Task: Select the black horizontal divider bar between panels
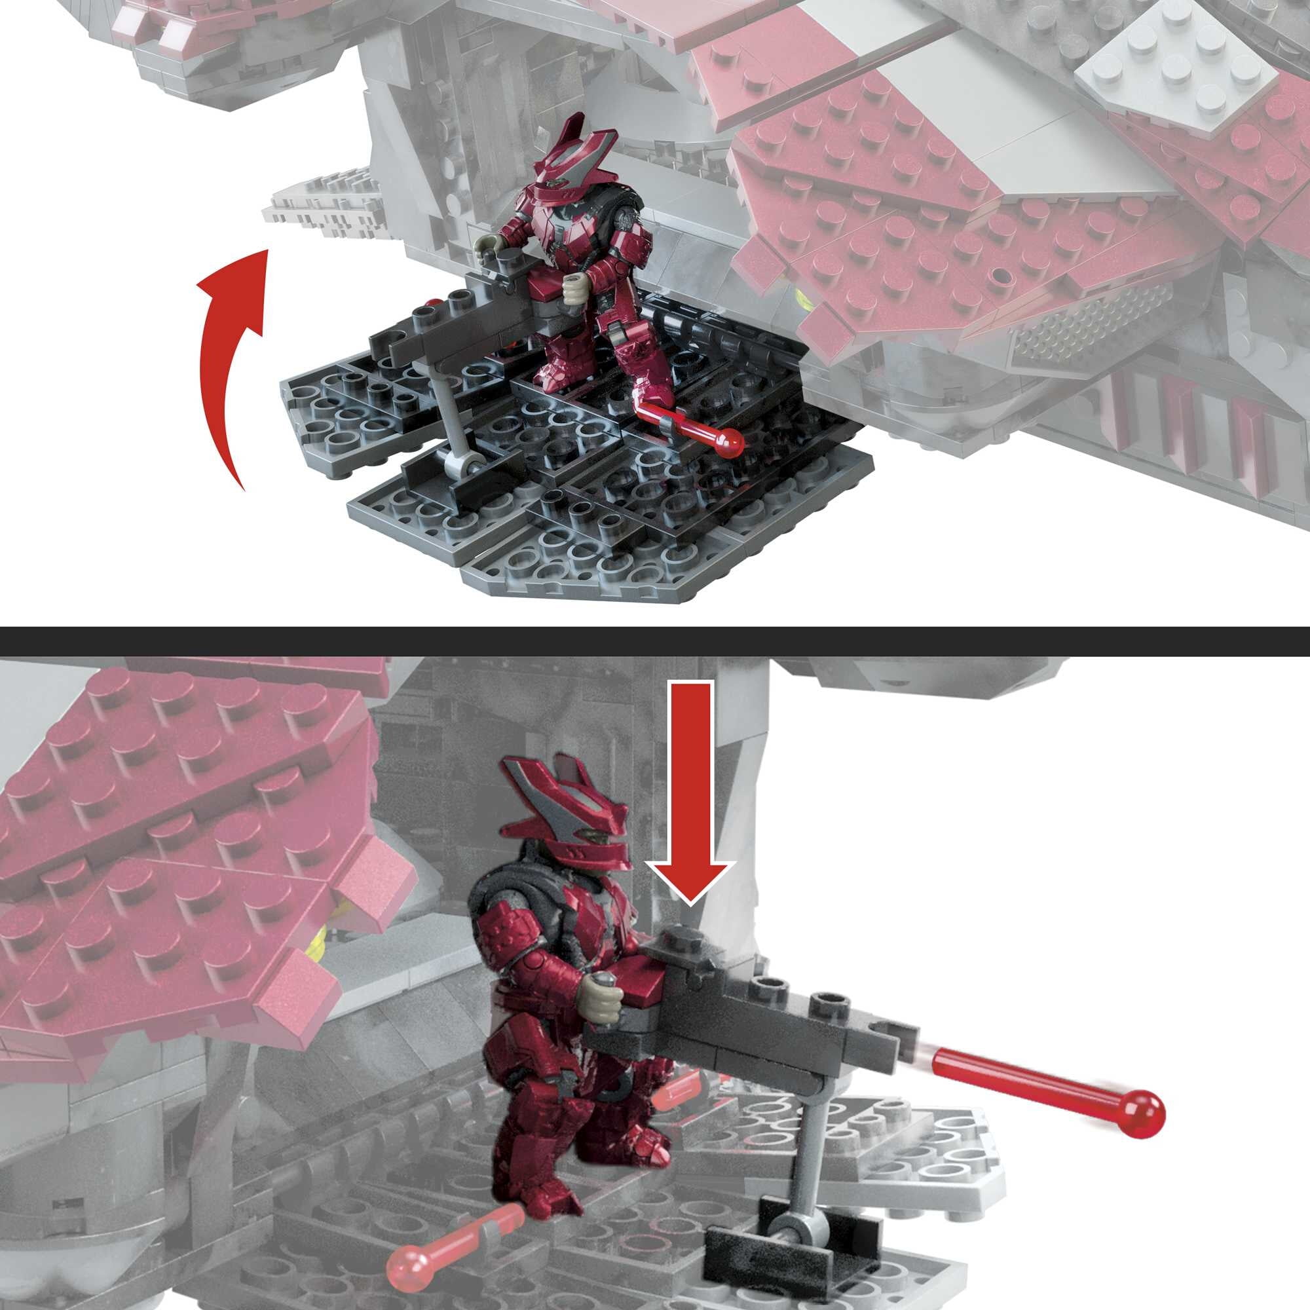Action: [x=655, y=641]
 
